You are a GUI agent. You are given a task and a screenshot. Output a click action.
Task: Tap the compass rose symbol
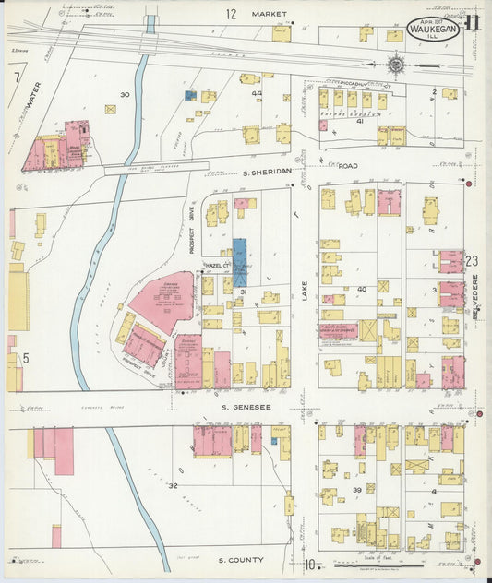click(395, 65)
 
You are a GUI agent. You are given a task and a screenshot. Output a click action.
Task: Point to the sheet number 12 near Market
click(231, 14)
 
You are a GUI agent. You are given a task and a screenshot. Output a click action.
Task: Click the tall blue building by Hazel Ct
click(240, 262)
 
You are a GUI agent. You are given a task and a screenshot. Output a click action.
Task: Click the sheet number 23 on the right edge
click(474, 262)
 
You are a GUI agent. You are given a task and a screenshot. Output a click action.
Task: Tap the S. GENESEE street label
click(246, 407)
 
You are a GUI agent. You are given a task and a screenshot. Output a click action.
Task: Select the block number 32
click(173, 484)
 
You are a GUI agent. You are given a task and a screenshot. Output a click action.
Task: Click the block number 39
click(356, 490)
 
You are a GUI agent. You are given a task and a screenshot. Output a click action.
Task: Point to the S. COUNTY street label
click(241, 560)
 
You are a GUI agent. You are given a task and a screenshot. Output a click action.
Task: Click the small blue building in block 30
click(190, 95)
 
